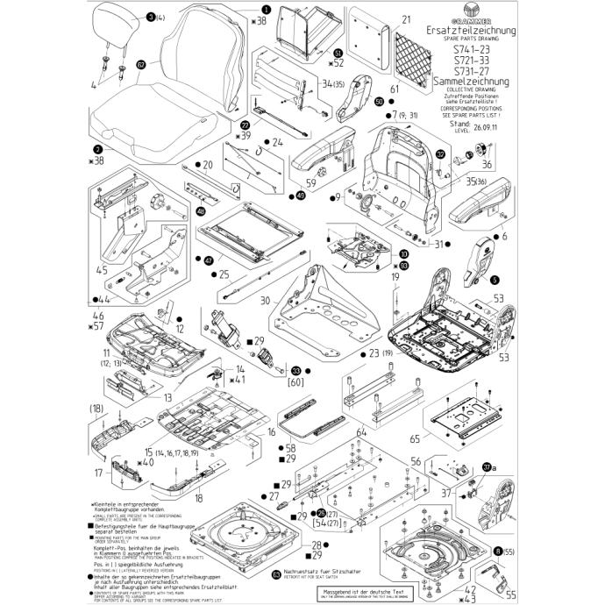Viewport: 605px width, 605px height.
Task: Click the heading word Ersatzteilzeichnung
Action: point(472,32)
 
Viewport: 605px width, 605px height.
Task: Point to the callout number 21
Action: point(406,18)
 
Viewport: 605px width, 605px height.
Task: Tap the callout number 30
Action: point(264,299)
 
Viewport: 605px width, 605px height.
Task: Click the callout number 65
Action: point(415,437)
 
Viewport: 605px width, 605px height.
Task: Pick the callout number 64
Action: point(359,432)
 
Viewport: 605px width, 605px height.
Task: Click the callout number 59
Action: point(310,183)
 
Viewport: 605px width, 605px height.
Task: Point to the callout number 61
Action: point(395,89)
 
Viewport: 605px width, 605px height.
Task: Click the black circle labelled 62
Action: point(140,64)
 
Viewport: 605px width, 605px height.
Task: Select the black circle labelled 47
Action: point(208,260)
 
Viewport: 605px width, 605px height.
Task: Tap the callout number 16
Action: point(272,432)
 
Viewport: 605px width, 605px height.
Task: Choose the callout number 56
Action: point(417,459)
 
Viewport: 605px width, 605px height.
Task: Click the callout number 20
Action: point(208,164)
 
